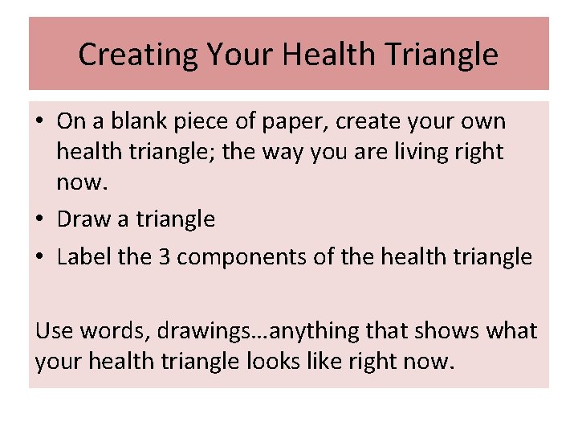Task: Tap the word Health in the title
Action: [x=326, y=55]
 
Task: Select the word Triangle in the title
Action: [x=442, y=55]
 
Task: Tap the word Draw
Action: [x=83, y=219]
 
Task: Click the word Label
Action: [x=84, y=256]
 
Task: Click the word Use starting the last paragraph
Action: [x=53, y=330]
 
